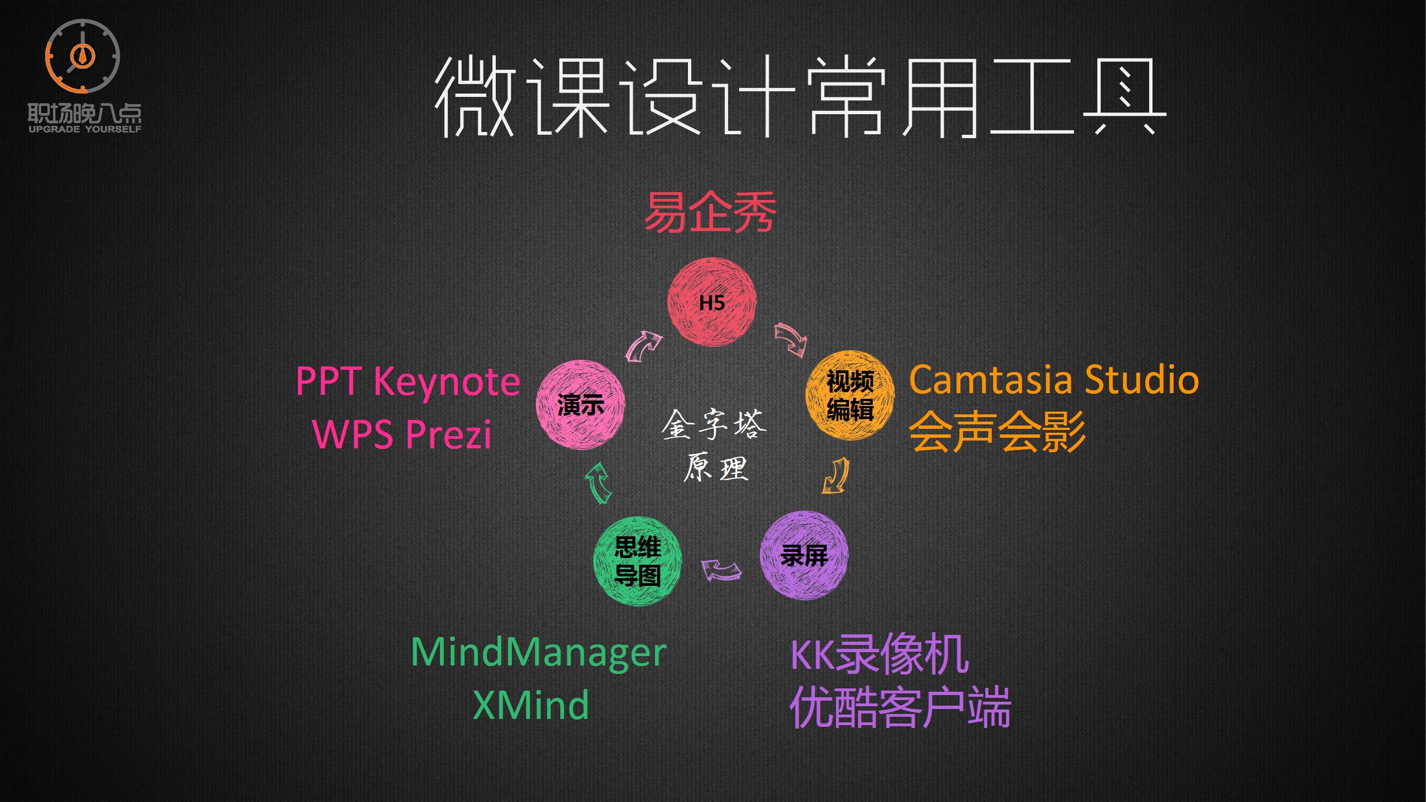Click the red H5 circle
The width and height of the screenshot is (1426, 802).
[x=712, y=302]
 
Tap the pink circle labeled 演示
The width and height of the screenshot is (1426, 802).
[x=580, y=405]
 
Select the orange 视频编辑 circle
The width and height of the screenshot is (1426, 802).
[x=850, y=395]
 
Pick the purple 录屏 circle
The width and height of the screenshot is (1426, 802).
[x=804, y=555]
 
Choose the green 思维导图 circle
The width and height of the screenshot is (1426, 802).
[x=638, y=561]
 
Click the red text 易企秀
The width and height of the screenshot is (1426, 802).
[x=710, y=212]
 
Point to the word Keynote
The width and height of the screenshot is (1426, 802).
[x=447, y=382]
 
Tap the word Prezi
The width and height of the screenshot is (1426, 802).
[x=448, y=434]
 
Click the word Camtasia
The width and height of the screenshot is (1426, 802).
[x=990, y=380]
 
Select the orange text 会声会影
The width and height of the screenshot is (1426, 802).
[x=997, y=432]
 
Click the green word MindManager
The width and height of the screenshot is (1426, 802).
[x=538, y=652]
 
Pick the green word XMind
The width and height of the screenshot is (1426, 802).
[x=530, y=705]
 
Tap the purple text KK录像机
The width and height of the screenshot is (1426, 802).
[x=880, y=654]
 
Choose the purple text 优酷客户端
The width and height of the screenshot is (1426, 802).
[x=900, y=707]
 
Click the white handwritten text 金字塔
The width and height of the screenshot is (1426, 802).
[x=714, y=424]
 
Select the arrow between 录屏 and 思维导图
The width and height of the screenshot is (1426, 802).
[x=721, y=570]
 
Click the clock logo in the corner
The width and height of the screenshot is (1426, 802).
[x=82, y=56]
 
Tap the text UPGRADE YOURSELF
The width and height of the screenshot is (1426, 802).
[x=85, y=129]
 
